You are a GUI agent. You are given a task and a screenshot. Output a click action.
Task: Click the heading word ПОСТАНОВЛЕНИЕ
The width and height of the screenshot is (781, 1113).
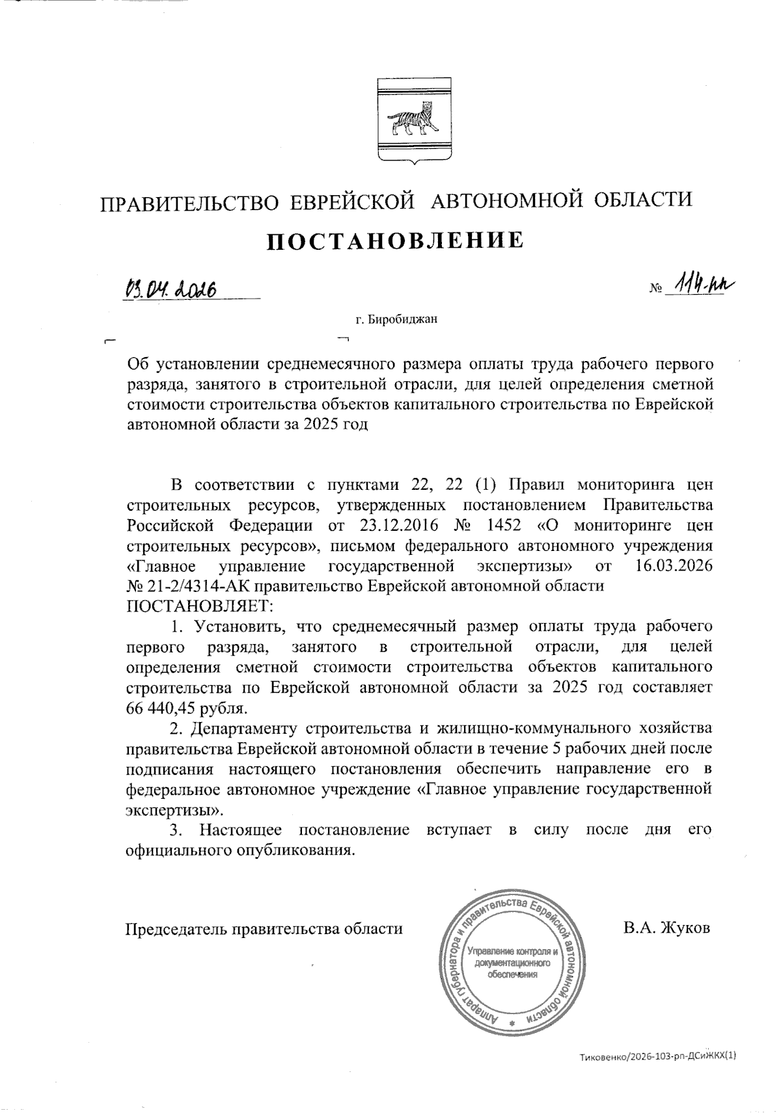pyautogui.click(x=396, y=241)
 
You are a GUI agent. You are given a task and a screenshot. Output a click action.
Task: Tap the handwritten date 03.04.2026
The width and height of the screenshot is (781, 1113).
pyautogui.click(x=171, y=286)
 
